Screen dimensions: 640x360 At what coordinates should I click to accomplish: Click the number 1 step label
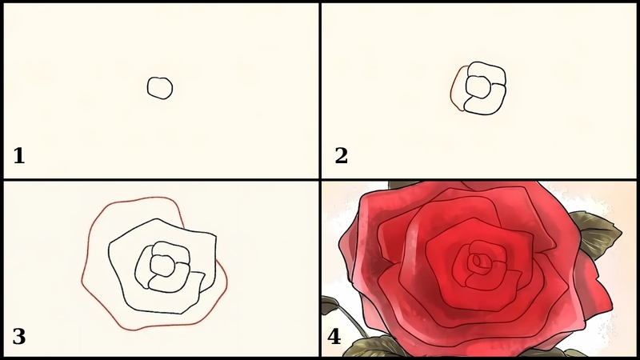19,156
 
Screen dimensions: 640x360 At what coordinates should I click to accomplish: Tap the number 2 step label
342,156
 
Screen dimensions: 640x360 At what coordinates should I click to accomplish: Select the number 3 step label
19,337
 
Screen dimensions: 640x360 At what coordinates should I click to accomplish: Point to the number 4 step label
334,337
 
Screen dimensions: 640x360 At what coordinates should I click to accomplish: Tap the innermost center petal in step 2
477,86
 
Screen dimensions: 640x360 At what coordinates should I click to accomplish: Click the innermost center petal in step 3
162,266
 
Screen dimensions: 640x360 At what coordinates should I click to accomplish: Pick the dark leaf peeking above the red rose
403,185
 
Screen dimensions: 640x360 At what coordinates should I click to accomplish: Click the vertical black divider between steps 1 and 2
320,90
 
